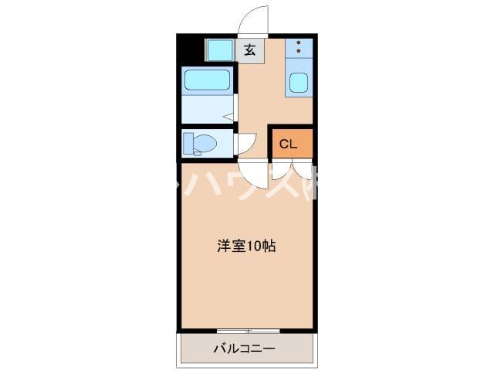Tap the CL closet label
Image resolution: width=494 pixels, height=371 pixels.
(x=288, y=143)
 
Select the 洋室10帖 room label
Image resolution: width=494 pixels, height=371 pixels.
(x=246, y=247)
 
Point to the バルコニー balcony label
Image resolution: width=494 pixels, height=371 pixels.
(x=244, y=349)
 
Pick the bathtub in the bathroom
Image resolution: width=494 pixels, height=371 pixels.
(x=208, y=81)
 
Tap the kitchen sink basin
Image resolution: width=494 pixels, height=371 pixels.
(x=299, y=82)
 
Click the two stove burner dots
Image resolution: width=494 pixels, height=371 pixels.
(x=299, y=47)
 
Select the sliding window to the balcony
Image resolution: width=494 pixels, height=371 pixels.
(x=247, y=331)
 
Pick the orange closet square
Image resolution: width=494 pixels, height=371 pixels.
(x=291, y=143)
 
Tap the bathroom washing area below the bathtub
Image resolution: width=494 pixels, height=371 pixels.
(x=207, y=109)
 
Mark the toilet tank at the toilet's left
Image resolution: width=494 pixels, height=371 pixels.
(x=188, y=144)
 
